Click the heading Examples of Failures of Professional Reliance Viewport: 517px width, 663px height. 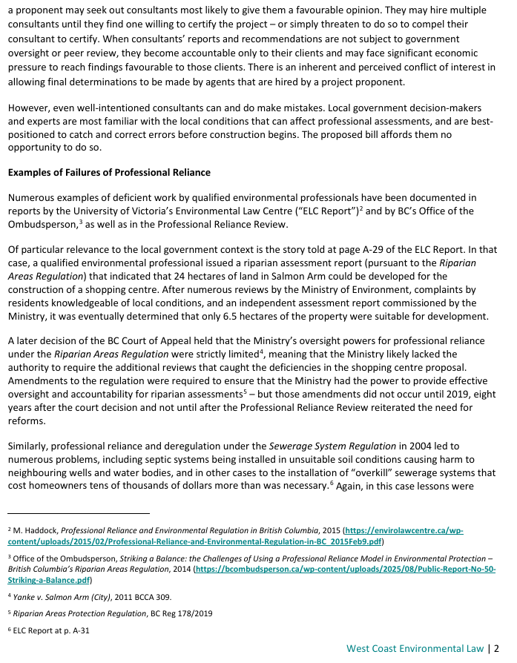pyautogui.click(x=109, y=173)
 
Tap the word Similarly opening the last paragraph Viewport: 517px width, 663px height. pyautogui.click(x=30, y=446)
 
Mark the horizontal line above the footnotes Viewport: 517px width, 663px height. pyautogui.click(x=79, y=512)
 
